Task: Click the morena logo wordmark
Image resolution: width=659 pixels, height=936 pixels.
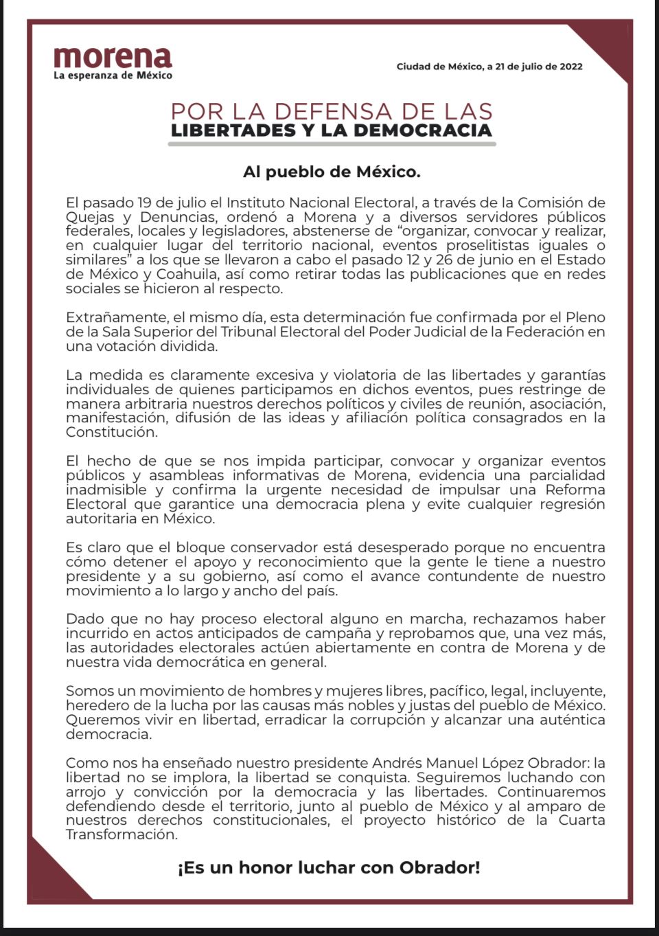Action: pyautogui.click(x=113, y=57)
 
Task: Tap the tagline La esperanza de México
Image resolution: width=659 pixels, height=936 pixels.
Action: pyautogui.click(x=113, y=76)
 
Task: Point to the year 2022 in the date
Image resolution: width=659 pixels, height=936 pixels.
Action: pyautogui.click(x=571, y=67)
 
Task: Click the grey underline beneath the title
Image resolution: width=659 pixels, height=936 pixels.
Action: pyautogui.click(x=332, y=144)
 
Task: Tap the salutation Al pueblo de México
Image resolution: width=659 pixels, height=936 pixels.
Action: pyautogui.click(x=332, y=172)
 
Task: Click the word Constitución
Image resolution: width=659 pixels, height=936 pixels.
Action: pyautogui.click(x=111, y=433)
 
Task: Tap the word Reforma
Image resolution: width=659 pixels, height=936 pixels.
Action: pyautogui.click(x=575, y=490)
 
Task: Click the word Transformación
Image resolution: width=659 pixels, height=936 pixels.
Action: pyautogui.click(x=122, y=835)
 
